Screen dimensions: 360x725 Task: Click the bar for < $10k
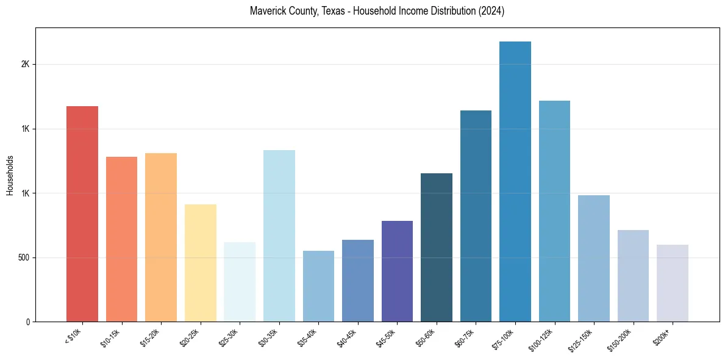coord(82,214)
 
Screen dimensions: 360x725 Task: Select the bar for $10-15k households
coord(121,239)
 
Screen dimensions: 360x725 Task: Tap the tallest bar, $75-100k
coord(515,182)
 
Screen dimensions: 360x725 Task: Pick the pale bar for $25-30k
coord(240,282)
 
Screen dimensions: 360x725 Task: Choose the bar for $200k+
coord(673,283)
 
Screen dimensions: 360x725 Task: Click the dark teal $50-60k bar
coord(437,247)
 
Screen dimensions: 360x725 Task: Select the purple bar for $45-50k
coord(397,271)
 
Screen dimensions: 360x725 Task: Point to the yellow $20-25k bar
coord(201,263)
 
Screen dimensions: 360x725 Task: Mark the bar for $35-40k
coord(318,286)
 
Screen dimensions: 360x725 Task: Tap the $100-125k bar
coord(554,211)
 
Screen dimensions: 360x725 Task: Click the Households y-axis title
coord(10,175)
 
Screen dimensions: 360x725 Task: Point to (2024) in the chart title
coord(492,11)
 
